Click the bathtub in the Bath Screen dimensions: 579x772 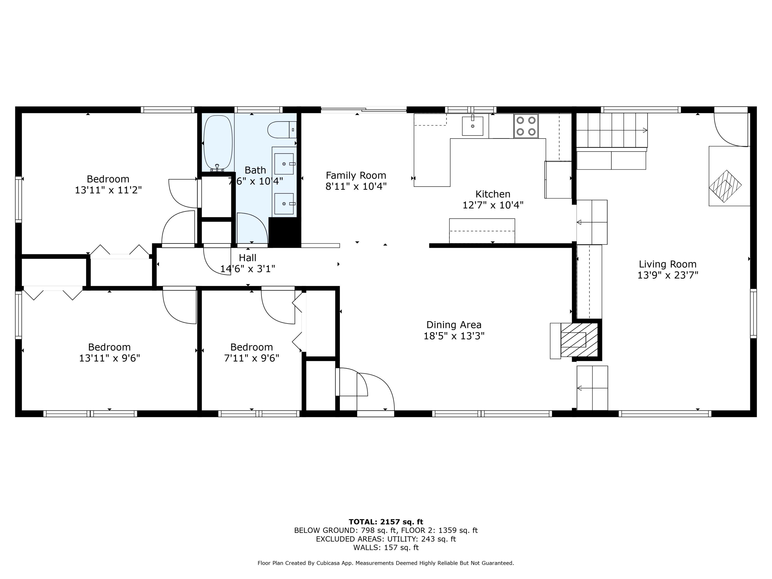click(x=218, y=142)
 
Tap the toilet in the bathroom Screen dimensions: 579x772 click(x=281, y=129)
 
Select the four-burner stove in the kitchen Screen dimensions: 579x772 click(x=525, y=126)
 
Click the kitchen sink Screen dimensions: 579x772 click(x=472, y=126)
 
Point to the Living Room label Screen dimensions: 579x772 click(x=667, y=264)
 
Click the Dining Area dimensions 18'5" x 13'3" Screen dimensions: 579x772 click(x=454, y=336)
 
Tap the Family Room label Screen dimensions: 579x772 click(x=356, y=175)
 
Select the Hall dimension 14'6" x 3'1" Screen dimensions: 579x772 click(x=248, y=269)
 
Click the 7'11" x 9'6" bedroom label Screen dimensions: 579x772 click(x=251, y=358)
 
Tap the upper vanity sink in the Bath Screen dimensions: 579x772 click(x=284, y=164)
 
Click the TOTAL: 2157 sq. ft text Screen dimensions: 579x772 click(x=386, y=522)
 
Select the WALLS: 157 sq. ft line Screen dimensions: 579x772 click(x=386, y=548)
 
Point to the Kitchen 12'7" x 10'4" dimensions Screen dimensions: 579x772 click(x=493, y=205)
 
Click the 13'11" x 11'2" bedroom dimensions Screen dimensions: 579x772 click(x=108, y=190)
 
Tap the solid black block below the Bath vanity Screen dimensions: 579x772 click(x=284, y=232)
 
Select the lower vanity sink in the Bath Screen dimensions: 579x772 click(x=284, y=204)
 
